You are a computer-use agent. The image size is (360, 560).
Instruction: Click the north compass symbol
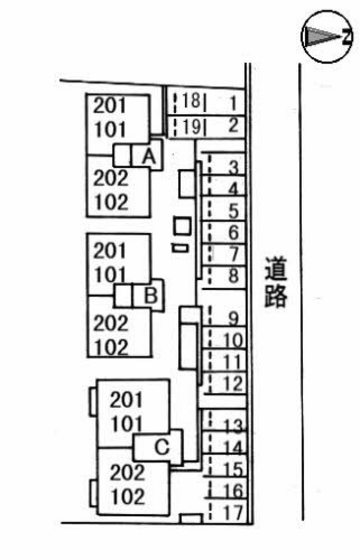point(325,37)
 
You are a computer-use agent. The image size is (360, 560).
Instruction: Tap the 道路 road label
point(277,282)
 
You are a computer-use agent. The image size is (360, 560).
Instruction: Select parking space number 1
point(230,101)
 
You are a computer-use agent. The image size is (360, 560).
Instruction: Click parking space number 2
point(231,125)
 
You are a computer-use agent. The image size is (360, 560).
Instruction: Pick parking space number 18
point(191,101)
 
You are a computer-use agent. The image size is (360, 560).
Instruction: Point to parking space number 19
point(191,126)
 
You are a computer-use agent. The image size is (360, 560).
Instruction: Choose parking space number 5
point(232,211)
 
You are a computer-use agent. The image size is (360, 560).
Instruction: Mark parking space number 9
point(231,319)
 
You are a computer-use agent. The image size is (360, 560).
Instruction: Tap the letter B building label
point(149,295)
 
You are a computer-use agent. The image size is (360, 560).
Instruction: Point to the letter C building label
point(163,445)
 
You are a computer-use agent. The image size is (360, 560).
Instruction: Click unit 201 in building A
point(110,105)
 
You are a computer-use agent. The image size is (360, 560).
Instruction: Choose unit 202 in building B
point(110,323)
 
